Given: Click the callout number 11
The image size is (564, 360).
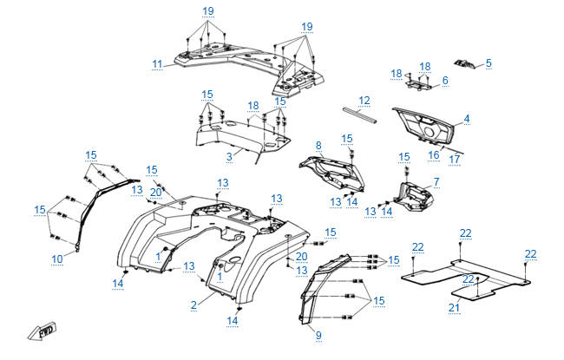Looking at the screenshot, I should point(157,63).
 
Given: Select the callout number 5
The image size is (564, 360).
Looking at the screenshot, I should point(489,62).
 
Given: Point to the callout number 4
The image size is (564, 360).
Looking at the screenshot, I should point(490,119).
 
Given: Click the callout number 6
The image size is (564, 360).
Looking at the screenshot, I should point(445,81).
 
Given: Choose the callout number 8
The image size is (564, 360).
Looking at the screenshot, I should point(318,145).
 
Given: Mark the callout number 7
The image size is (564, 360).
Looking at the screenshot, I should point(436,182).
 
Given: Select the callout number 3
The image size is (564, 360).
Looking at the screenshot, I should point(229,156).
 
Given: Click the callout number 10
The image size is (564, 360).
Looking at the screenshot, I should point(57,259).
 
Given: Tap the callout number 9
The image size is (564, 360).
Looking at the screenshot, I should point(318,335).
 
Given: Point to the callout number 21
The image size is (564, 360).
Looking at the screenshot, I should point(453,307).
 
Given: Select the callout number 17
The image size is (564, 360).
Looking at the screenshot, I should point(454,159).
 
